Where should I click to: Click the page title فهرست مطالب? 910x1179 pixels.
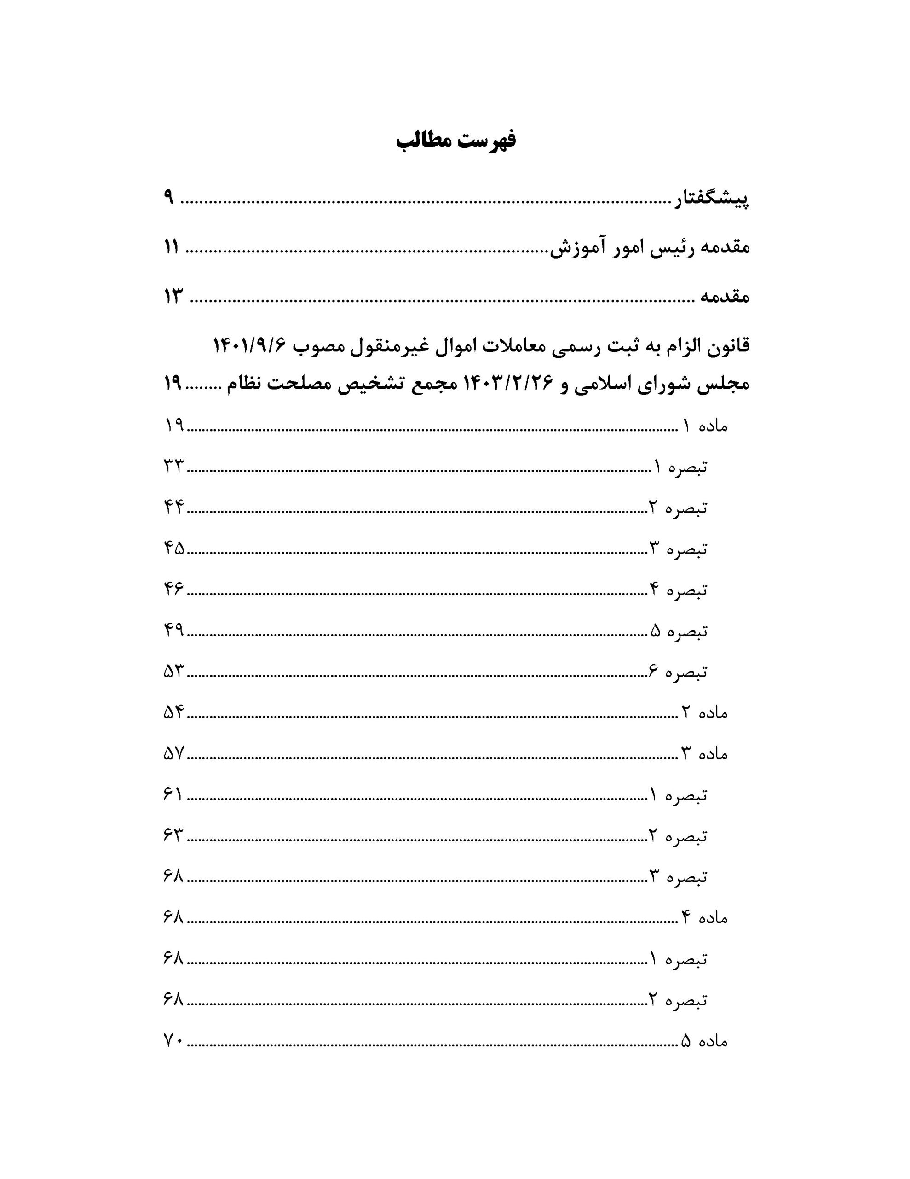pos(456,140)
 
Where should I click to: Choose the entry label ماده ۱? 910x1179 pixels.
pos(706,426)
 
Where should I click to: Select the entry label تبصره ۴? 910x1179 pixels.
pos(678,589)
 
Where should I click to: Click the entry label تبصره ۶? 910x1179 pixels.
pos(678,671)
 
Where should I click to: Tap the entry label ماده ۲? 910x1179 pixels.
pos(706,712)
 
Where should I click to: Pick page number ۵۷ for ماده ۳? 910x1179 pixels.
pos(174,753)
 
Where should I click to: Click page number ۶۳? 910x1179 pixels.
pos(174,836)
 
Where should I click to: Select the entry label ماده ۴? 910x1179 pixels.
pos(706,918)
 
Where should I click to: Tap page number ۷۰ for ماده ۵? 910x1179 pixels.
pos(174,1041)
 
